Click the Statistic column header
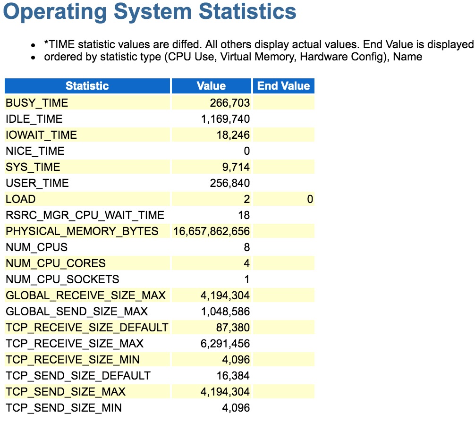[87, 86]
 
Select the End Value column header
[283, 86]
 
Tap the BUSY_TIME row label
[37, 103]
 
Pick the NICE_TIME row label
[35, 151]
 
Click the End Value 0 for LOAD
[310, 199]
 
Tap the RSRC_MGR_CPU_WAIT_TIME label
[85, 215]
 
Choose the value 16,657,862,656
[212, 231]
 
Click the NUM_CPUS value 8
[247, 247]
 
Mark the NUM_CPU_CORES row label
[56, 263]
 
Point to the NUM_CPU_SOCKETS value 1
[247, 279]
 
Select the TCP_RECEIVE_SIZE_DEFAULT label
[87, 328]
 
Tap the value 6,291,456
[225, 344]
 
